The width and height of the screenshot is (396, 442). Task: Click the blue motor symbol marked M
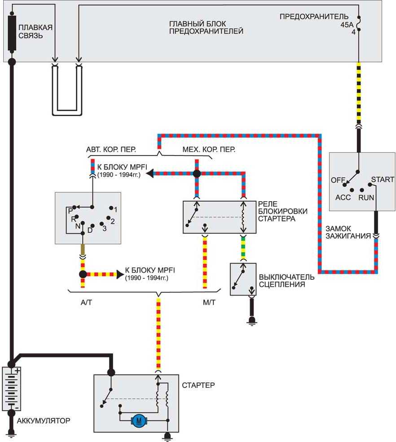(139, 421)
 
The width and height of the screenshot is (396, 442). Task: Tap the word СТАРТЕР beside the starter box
(198, 385)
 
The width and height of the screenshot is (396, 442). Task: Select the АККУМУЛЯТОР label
(44, 420)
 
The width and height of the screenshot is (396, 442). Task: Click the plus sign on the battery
(18, 371)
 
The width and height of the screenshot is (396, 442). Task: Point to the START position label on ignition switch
(383, 180)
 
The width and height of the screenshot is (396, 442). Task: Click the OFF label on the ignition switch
(338, 180)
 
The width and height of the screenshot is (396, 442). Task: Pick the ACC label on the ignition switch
(343, 197)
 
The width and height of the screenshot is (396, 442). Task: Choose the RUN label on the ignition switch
(366, 198)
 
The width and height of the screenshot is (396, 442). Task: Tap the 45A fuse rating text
(347, 25)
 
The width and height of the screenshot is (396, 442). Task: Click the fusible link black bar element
(12, 34)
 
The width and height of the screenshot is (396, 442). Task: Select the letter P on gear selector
(70, 211)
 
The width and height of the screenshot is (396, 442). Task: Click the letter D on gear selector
(90, 230)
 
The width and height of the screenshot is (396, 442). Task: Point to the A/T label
(86, 303)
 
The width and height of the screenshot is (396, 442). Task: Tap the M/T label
(209, 303)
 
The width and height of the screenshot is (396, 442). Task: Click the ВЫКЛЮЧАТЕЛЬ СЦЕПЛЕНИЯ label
(286, 281)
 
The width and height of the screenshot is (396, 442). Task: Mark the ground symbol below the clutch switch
(251, 321)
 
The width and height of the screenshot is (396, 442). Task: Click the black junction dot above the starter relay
(197, 173)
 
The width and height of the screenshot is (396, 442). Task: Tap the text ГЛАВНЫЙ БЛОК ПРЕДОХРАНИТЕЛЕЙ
(206, 27)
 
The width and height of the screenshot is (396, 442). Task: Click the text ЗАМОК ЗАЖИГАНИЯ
(348, 232)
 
